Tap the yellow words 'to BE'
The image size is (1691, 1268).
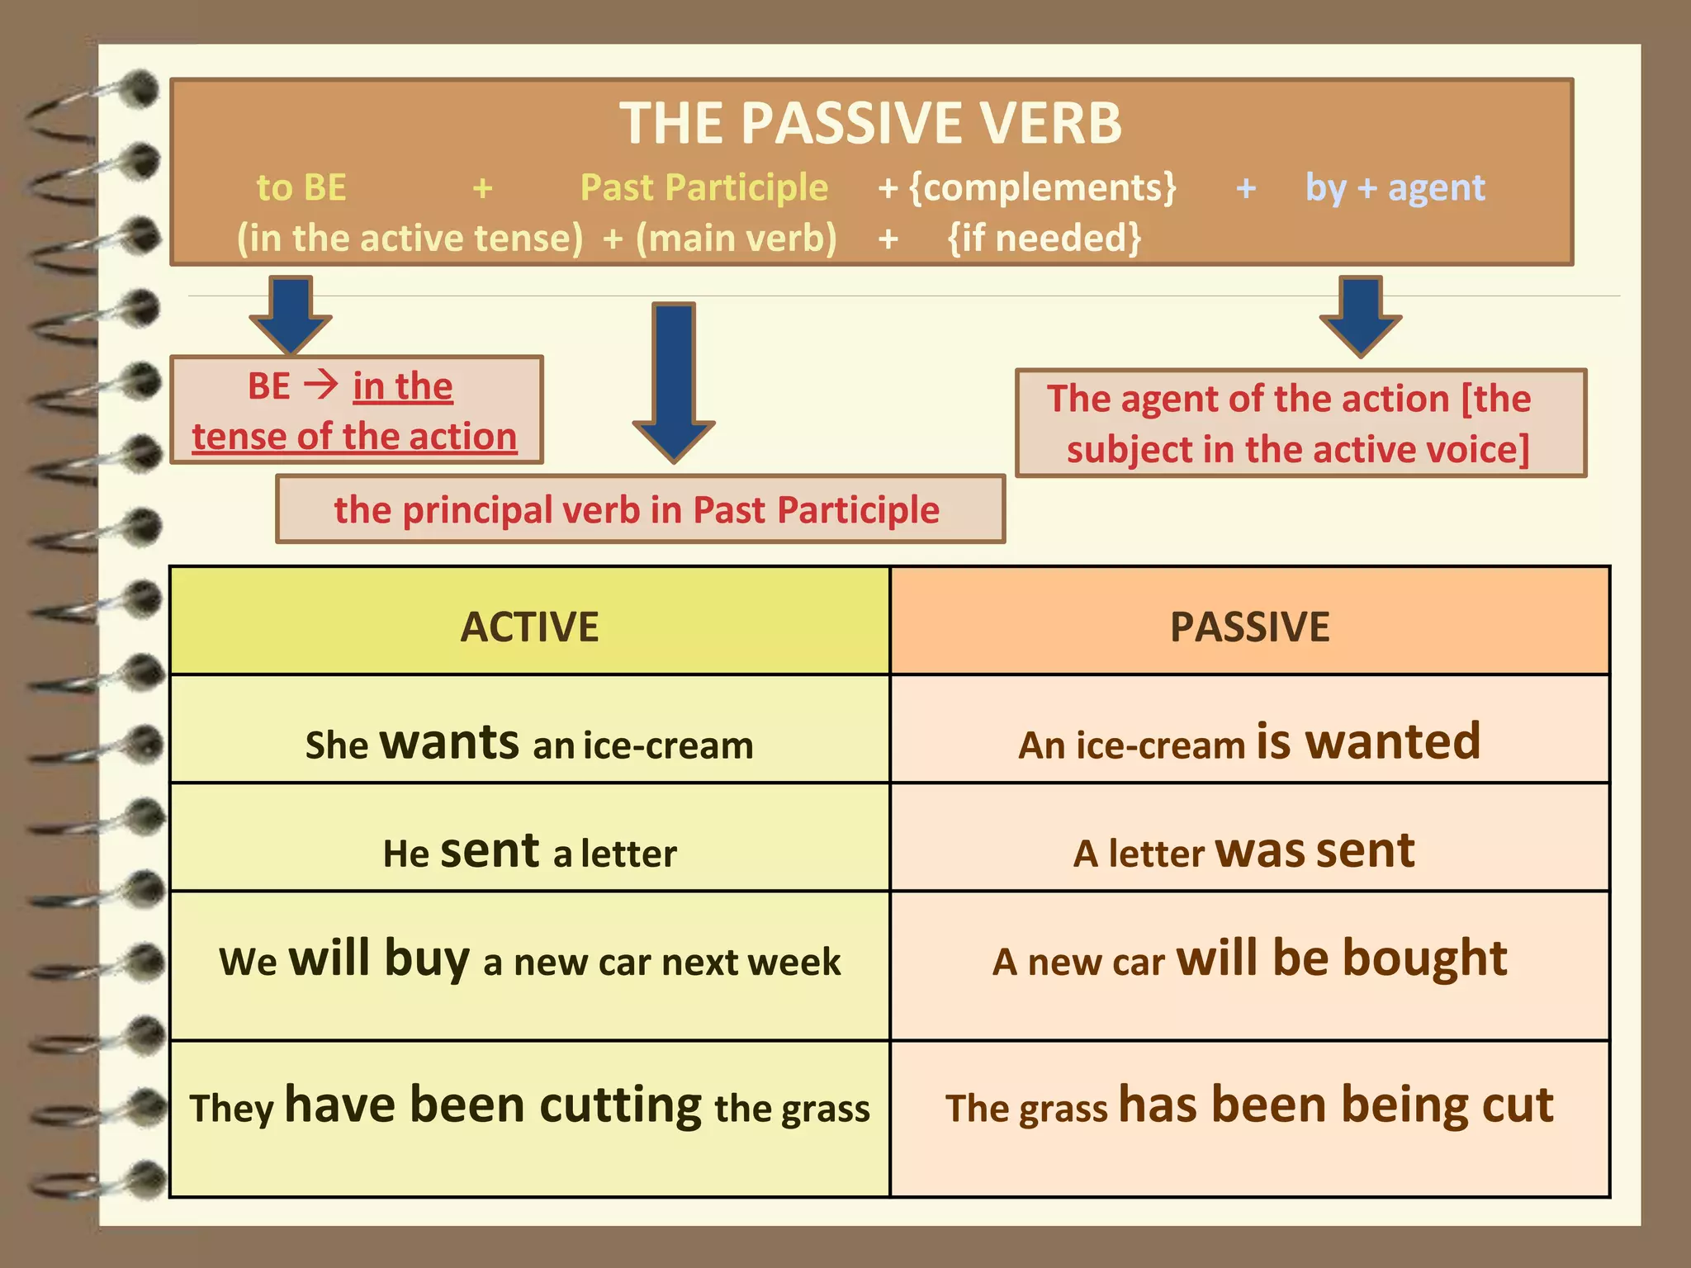301,188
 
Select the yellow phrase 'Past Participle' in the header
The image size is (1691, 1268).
703,188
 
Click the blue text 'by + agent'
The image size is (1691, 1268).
1395,188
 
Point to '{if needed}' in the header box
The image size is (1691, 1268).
1044,239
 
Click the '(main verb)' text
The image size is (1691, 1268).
736,239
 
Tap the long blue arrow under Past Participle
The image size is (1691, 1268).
674,380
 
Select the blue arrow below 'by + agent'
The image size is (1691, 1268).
1360,316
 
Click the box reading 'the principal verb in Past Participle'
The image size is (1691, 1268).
640,509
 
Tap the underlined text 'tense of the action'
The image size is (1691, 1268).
354,437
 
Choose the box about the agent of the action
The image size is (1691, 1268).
1300,423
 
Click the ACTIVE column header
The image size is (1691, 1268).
529,626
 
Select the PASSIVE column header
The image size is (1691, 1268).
1249,626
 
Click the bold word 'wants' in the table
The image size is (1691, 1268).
449,742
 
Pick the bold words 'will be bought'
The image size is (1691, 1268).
1342,958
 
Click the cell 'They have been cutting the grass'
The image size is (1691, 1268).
529,1106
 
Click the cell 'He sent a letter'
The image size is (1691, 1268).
529,851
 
